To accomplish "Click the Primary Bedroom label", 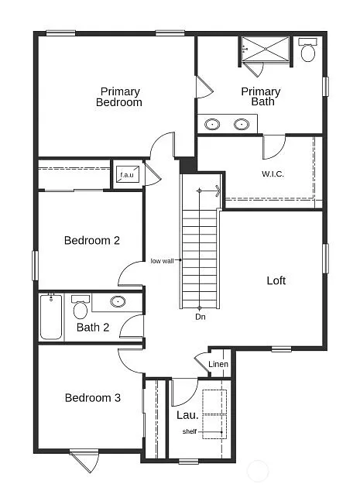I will (118, 97).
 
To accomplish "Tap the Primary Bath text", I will (261, 97).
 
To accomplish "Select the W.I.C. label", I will (273, 173).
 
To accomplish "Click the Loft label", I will (276, 280).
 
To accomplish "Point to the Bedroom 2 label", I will (91, 241).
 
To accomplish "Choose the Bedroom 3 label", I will (92, 398).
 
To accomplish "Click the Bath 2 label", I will (92, 328).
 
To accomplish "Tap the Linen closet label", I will (218, 365).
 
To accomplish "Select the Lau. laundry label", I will (186, 415).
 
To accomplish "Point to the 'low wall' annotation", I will (162, 261).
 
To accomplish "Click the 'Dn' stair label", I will (200, 317).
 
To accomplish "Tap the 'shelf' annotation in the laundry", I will (189, 431).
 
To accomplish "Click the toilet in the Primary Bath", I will (308, 50).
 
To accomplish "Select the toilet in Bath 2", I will (81, 307).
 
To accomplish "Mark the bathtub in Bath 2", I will (52, 317).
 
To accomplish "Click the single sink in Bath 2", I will (118, 302).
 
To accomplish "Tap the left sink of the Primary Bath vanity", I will (212, 123).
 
